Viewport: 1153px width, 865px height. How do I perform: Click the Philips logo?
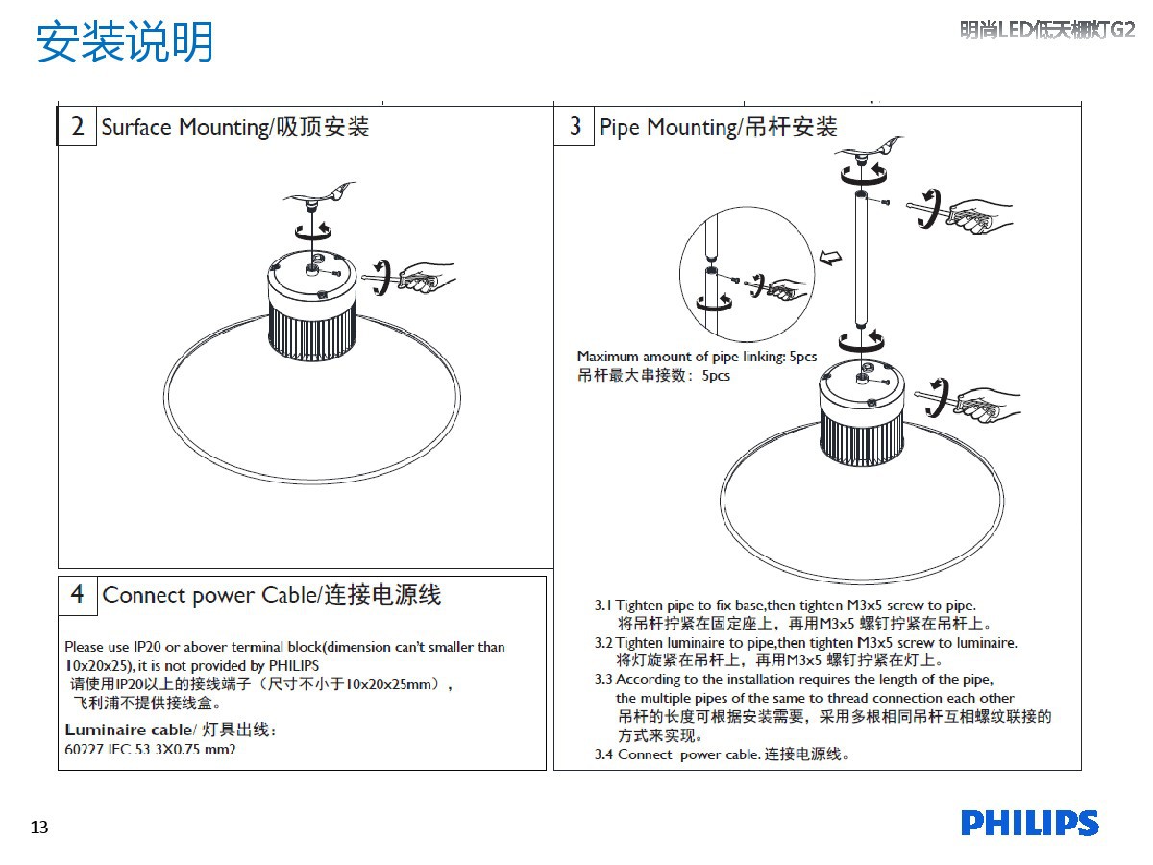point(1029,824)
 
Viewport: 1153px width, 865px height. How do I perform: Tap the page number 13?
point(39,828)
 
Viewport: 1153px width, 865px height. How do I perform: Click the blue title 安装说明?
point(125,43)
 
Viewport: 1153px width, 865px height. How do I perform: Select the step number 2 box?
point(78,127)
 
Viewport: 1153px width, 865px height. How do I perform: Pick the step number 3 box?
point(575,127)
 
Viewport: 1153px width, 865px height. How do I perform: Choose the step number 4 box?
point(78,595)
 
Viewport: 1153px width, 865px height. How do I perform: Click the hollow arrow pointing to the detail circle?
point(832,257)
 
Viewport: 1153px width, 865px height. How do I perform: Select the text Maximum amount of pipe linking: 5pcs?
point(697,357)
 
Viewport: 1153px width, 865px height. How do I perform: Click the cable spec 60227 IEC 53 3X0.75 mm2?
point(150,749)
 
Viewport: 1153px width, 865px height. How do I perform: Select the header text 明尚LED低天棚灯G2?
point(1047,31)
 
